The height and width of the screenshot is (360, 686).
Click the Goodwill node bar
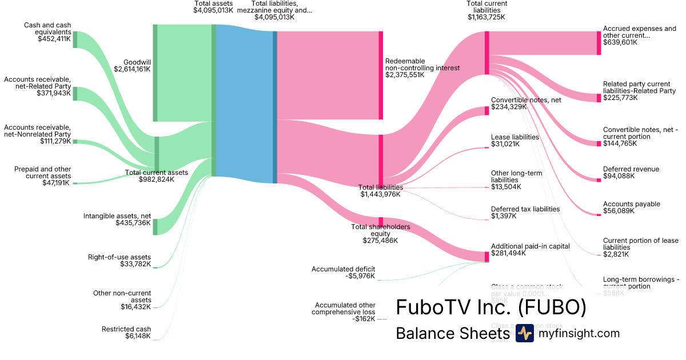coord(155,73)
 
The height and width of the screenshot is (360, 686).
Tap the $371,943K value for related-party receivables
coord(54,93)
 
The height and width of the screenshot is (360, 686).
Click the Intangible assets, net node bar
coord(155,226)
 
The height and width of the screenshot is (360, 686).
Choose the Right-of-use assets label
coord(119,257)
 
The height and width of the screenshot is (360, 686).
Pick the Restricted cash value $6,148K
coord(138,336)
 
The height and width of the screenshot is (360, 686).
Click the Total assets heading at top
coord(213,3)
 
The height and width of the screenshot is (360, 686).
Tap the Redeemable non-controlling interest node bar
coord(381,75)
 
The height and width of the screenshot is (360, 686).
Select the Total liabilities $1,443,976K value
coord(381,194)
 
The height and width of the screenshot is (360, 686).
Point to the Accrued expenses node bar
coord(599,43)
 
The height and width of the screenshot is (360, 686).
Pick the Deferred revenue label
coord(631,169)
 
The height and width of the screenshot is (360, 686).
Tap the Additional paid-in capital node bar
coord(486,257)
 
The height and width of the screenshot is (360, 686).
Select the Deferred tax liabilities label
coord(525,209)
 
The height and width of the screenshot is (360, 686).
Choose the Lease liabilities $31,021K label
coord(515,141)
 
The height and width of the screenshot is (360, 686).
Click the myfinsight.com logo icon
coord(524,333)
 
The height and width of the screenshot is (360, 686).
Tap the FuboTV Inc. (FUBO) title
coord(491,307)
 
